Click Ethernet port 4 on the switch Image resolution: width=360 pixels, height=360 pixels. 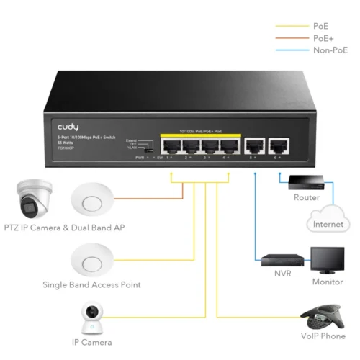[228, 147]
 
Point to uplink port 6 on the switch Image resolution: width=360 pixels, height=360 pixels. [277, 147]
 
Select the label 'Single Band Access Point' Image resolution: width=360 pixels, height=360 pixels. [91, 285]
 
